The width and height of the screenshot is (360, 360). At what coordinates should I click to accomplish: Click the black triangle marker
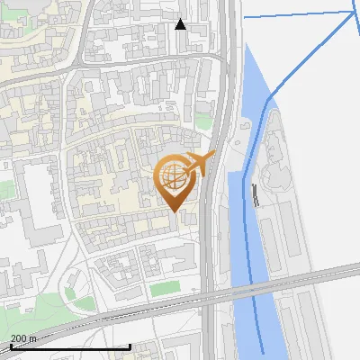click(180, 24)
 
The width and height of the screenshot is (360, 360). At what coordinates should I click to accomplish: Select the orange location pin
click(177, 180)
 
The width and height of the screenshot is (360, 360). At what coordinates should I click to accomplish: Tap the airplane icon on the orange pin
click(202, 163)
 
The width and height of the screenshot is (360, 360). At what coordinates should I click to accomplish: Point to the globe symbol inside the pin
click(175, 176)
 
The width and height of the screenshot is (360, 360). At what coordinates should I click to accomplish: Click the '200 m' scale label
click(23, 338)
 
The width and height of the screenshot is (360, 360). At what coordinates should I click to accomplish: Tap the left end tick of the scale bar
click(10, 345)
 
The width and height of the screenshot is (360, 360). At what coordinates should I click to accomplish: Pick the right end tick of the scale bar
click(130, 345)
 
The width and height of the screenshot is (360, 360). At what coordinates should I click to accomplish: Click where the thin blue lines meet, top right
click(351, 13)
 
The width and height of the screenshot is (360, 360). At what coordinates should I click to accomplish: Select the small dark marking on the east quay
click(256, 194)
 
